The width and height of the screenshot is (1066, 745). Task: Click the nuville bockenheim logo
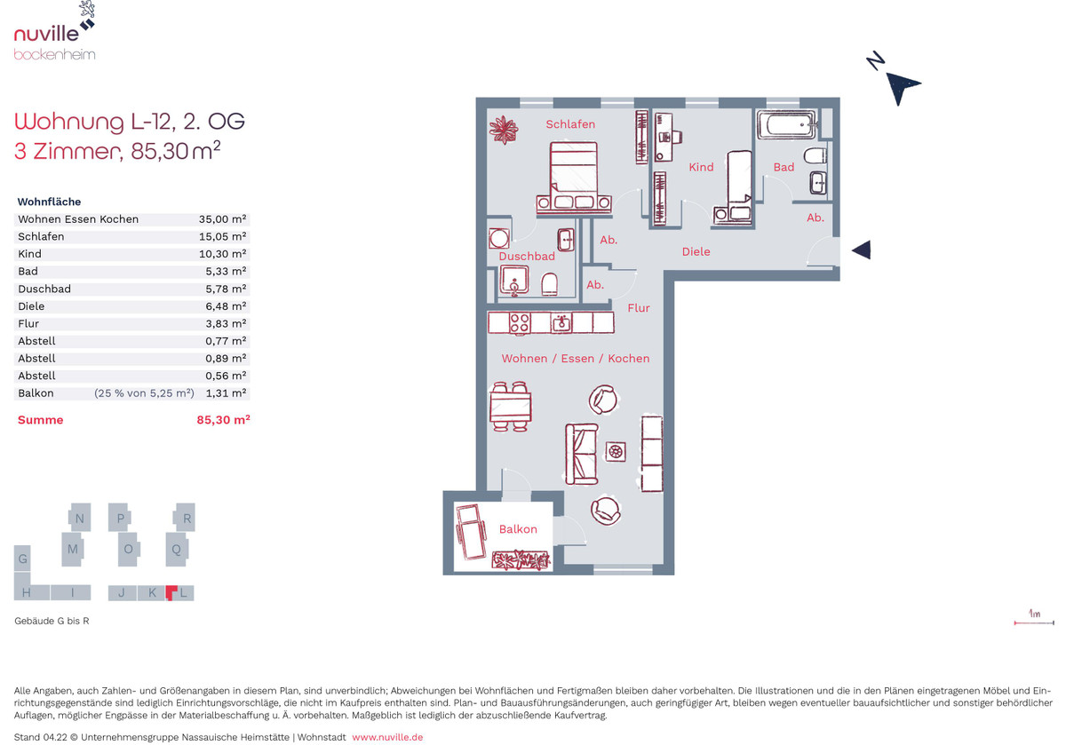(55, 31)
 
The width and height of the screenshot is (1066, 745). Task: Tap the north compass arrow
(902, 87)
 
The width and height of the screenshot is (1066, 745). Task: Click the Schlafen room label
(570, 124)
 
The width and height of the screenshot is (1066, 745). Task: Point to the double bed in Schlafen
(574, 178)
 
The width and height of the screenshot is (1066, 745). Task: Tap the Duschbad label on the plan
(527, 256)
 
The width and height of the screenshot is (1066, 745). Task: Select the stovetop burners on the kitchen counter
(520, 323)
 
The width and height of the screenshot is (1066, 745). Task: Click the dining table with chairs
(511, 407)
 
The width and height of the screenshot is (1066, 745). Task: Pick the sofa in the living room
(581, 455)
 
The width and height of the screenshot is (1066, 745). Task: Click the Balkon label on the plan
(518, 529)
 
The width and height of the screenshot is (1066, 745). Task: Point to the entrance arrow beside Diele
(862, 250)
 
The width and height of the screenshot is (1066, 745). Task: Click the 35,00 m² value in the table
(222, 219)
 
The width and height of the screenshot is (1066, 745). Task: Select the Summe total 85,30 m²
(223, 420)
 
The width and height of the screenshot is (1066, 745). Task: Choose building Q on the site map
(177, 550)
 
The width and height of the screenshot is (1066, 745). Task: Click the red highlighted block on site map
(171, 592)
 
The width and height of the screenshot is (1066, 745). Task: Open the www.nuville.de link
(387, 737)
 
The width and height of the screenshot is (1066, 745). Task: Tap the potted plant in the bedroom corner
(504, 130)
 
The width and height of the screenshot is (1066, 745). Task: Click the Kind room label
(701, 167)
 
